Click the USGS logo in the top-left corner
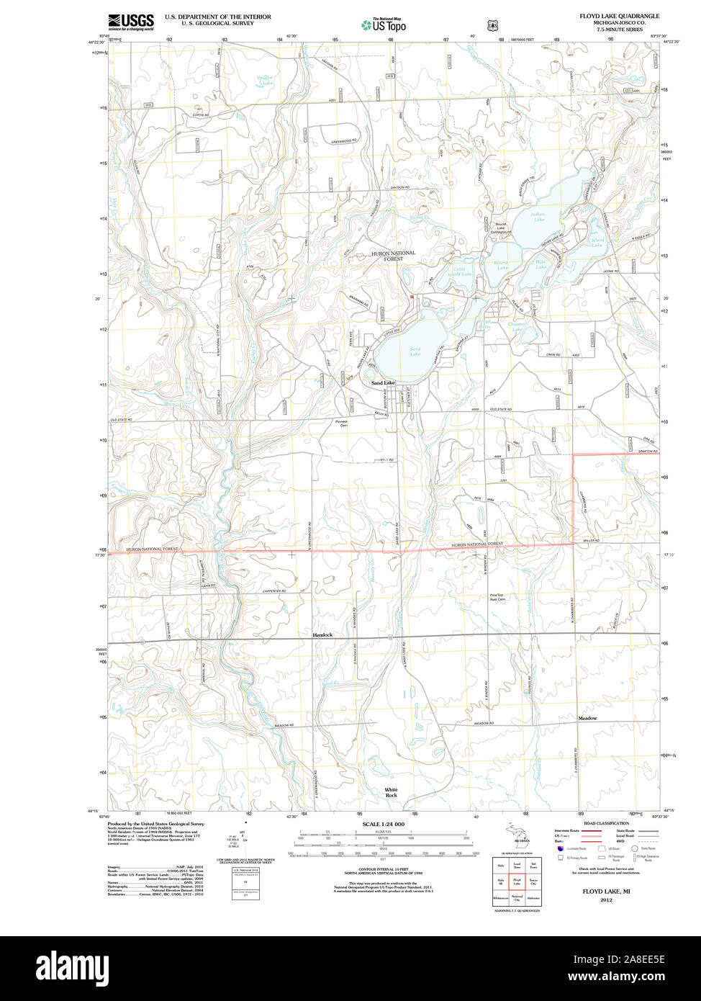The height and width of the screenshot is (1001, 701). click(130, 22)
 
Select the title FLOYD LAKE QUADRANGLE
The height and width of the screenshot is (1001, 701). click(619, 16)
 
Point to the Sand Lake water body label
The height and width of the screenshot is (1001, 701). click(415, 351)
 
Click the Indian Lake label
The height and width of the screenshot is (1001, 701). click(538, 217)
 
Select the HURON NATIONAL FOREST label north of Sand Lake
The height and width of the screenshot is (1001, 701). click(393, 256)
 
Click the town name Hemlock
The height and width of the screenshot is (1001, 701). click(322, 635)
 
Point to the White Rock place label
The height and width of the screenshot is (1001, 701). click(391, 793)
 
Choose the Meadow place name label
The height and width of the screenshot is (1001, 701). click(587, 718)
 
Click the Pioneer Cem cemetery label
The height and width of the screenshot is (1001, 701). click(341, 423)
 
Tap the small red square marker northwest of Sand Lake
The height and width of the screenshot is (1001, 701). click(411, 297)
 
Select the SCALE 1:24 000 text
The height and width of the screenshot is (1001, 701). click(383, 824)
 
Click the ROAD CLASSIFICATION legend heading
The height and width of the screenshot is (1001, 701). click(606, 823)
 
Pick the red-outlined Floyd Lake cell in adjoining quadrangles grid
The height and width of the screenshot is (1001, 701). click(516, 881)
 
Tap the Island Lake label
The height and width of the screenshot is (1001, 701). click(597, 243)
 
